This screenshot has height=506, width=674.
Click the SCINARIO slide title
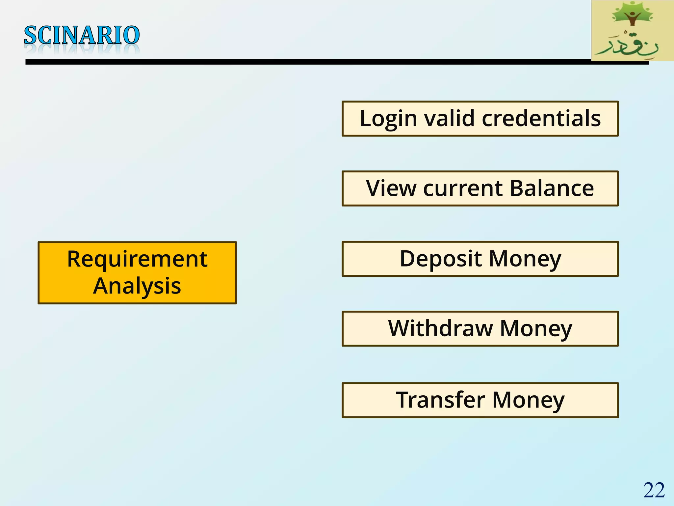(82, 35)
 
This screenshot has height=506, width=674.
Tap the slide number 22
(654, 490)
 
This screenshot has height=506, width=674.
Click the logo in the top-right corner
(632, 31)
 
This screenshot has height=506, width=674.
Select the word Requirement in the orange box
(137, 259)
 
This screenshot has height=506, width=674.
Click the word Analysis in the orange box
(137, 286)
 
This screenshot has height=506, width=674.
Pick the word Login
(388, 119)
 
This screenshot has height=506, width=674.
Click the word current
(463, 189)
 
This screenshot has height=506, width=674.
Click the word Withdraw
(440, 328)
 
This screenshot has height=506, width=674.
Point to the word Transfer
(440, 400)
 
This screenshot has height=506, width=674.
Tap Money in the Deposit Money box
(525, 259)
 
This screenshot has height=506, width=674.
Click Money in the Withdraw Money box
(536, 329)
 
